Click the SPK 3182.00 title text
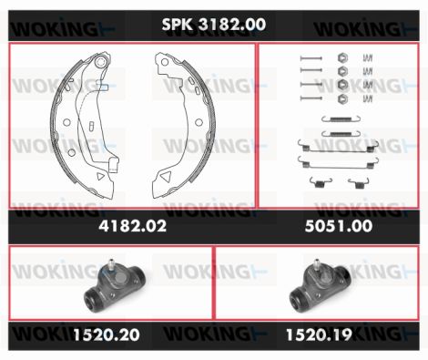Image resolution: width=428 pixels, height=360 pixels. [214, 25]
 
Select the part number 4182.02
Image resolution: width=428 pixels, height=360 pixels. [133, 226]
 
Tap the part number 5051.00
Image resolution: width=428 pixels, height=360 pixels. [339, 226]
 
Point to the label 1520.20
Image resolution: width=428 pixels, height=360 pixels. [107, 334]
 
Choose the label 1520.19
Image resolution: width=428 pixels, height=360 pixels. [319, 334]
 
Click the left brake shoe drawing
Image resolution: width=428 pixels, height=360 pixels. [85, 125]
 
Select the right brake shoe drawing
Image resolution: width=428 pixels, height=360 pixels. [184, 125]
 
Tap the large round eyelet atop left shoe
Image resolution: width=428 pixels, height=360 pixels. [100, 62]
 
